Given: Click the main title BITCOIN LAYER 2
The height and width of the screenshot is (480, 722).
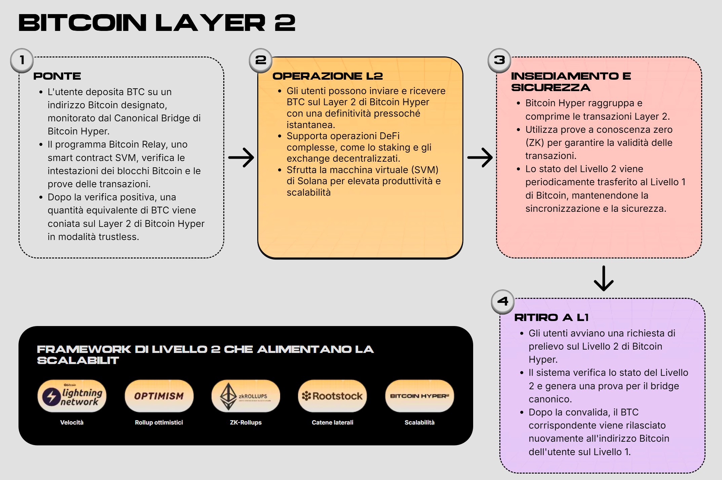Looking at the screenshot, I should click(157, 23).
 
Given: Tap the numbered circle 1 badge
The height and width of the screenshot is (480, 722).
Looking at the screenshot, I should click(22, 61).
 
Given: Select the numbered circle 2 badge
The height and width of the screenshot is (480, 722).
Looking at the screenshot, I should click(261, 61).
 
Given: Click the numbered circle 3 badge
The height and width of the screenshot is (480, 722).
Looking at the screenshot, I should click(499, 61).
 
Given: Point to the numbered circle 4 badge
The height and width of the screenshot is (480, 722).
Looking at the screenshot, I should click(503, 302).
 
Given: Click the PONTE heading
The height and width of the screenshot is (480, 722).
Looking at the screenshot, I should click(57, 76).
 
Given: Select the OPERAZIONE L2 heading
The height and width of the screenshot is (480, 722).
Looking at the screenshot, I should click(328, 76).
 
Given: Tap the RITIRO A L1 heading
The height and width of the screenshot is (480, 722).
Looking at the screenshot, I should click(552, 318).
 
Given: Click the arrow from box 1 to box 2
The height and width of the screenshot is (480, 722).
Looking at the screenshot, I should click(241, 157).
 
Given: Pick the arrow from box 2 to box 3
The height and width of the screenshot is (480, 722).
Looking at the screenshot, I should click(480, 157).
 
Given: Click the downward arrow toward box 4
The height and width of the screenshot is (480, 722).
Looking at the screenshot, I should click(604, 278).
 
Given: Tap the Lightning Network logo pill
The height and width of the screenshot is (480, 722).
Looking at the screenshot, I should click(72, 396).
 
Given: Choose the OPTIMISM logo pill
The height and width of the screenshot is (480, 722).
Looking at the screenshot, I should click(159, 396).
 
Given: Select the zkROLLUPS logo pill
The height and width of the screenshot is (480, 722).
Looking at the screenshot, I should click(246, 396).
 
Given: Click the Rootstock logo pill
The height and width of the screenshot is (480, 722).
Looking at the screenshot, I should click(333, 396).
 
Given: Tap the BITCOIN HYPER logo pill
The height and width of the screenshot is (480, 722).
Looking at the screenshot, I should click(419, 396).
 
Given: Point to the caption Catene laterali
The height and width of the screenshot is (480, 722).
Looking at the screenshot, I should click(333, 423).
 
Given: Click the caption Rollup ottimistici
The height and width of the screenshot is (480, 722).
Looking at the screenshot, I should click(159, 423).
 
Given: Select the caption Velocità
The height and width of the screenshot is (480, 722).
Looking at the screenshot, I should click(72, 423).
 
